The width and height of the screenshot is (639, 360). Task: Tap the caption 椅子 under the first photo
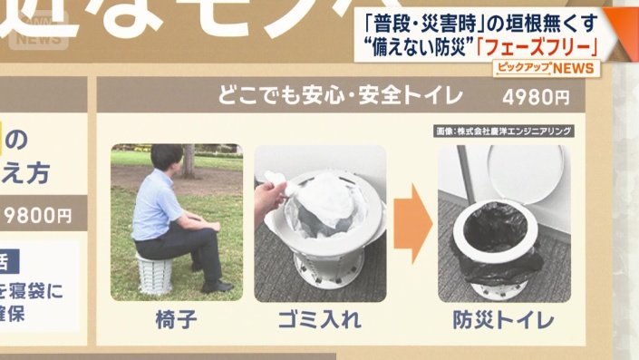[x=175, y=319]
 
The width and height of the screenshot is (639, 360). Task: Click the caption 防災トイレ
[x=504, y=320]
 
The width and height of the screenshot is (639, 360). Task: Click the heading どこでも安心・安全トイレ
[x=340, y=94]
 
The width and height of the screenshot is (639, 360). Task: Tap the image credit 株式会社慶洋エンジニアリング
[x=503, y=131]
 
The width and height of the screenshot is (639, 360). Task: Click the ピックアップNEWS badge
[x=543, y=70]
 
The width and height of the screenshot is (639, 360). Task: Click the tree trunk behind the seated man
[x=188, y=160]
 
